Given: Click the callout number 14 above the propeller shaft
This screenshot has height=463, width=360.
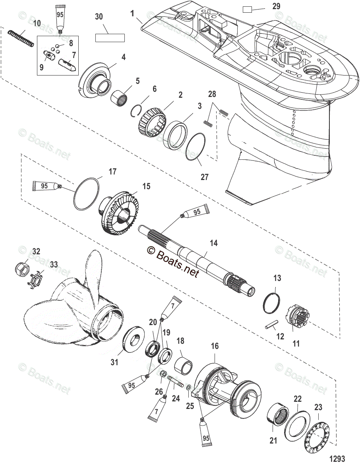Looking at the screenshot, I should pos(214,243).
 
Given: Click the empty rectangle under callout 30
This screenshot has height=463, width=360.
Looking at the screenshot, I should pos(110,38).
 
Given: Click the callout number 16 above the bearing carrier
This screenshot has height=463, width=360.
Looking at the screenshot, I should pos(215,346).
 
